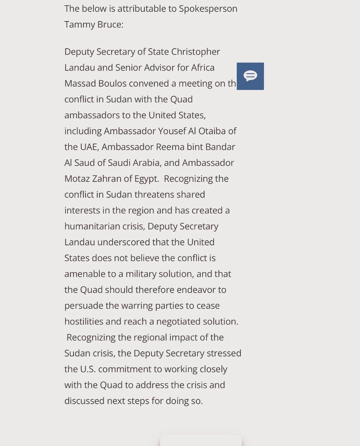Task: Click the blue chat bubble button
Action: click(x=250, y=76)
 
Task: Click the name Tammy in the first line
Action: click(x=77, y=25)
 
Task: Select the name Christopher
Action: click(x=196, y=52)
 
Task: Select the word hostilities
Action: click(x=82, y=321)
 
